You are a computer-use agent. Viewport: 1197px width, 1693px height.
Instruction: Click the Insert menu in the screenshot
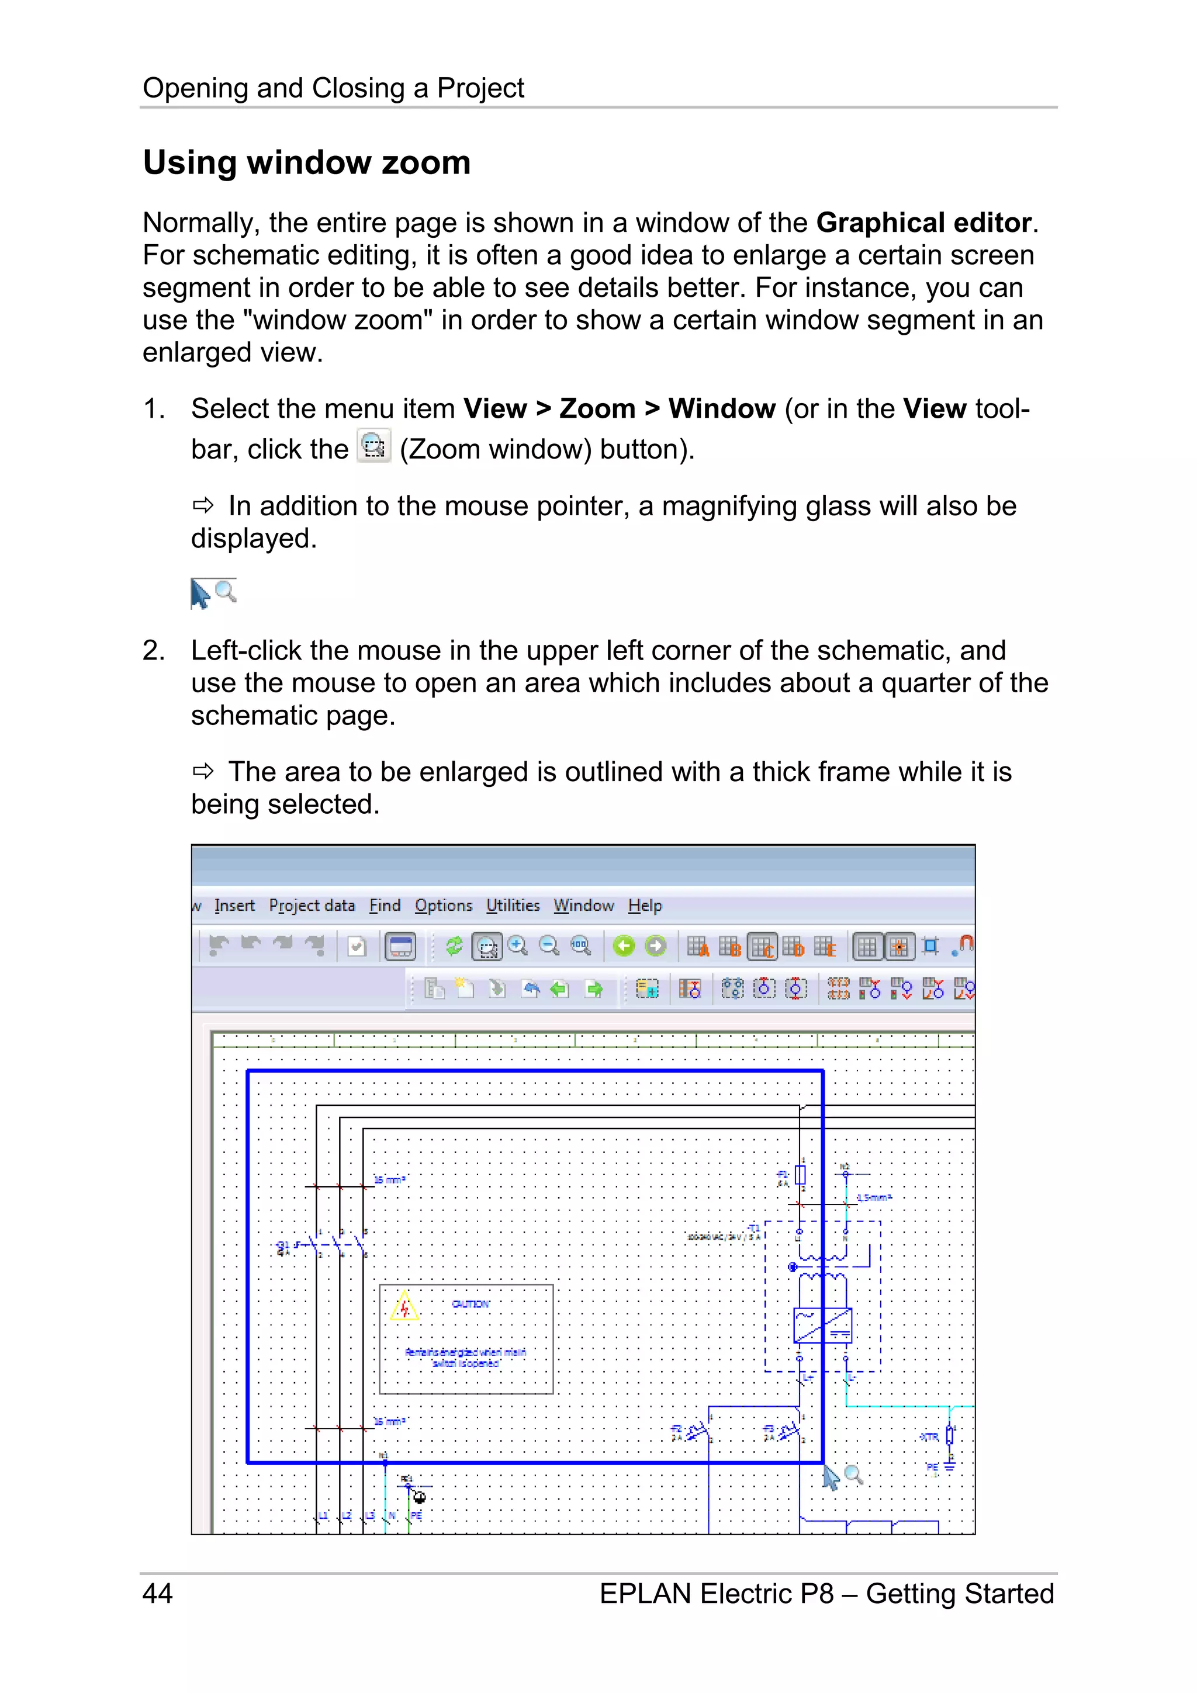(234, 906)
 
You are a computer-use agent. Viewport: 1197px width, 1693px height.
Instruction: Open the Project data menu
(312, 906)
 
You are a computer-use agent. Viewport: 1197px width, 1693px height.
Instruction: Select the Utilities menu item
(513, 906)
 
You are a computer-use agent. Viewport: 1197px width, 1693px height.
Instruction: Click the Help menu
(645, 906)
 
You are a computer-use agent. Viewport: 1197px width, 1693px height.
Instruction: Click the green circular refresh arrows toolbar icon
(454, 945)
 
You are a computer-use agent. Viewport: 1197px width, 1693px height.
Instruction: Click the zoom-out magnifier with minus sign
(549, 945)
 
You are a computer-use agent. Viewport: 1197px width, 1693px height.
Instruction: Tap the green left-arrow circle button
(624, 945)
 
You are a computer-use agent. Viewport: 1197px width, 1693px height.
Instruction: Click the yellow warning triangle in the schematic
(404, 1307)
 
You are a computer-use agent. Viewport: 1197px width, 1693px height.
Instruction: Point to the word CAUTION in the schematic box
(471, 1305)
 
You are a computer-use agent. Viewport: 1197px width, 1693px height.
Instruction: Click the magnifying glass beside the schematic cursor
(853, 1474)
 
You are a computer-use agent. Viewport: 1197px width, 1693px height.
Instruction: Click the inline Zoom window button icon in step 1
(374, 447)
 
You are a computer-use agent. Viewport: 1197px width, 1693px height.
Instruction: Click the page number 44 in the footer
(157, 1594)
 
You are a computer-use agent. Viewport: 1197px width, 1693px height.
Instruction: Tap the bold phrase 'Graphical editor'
(923, 223)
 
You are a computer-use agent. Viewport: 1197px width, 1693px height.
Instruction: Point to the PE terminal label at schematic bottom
(417, 1515)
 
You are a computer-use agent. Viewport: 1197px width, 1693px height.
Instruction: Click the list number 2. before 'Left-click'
(153, 650)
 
